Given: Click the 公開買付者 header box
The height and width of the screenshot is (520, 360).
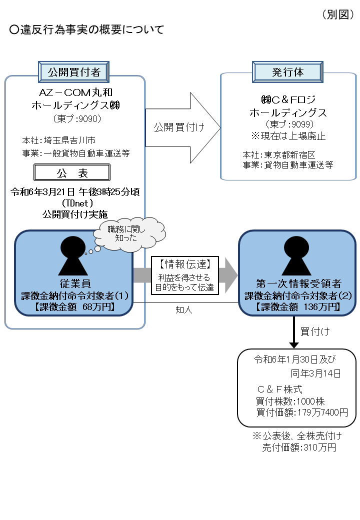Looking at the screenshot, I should click(x=74, y=71).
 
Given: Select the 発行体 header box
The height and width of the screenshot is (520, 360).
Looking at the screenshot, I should click(x=287, y=71).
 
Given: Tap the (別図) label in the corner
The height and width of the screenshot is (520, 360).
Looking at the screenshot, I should click(x=337, y=14).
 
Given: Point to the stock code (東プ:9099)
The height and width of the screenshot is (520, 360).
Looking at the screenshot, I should click(x=287, y=124).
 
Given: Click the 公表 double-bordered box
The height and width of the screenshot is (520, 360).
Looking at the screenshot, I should click(x=71, y=173).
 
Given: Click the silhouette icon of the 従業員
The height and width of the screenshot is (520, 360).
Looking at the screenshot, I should click(x=74, y=254).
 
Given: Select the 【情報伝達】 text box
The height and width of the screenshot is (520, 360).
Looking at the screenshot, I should click(x=185, y=275).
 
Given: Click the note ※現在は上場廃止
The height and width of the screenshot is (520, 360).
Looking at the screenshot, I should click(x=287, y=135).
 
